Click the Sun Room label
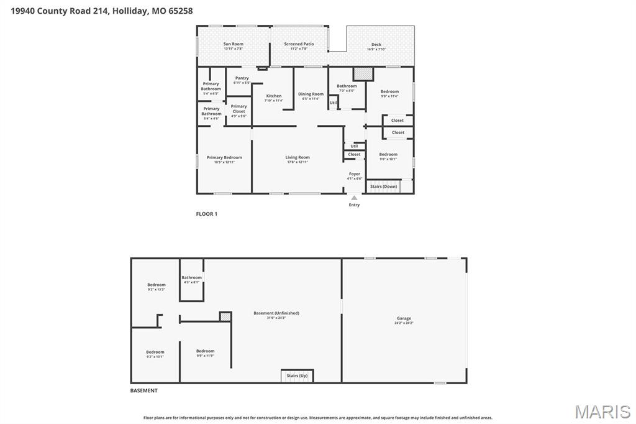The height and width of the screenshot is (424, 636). point(233,44)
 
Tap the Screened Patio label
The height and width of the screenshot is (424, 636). point(299,44)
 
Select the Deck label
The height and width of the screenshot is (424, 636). point(376,45)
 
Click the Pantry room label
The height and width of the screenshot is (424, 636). point(242,78)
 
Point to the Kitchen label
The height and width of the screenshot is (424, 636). point(274,96)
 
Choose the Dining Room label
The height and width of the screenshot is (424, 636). point(311,94)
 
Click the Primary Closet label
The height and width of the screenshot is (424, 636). point(238,109)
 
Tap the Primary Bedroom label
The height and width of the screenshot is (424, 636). point(224,158)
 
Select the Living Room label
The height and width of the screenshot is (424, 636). point(298,158)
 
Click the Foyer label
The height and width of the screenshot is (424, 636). point(354,175)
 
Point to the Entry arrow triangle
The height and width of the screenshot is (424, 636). point(354,198)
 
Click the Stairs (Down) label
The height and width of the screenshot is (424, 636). point(383,187)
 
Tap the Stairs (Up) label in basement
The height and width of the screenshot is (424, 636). point(297,376)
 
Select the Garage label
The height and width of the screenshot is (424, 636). point(404,319)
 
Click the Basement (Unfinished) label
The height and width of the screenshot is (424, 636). point(276,313)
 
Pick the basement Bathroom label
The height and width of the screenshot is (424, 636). point(191,278)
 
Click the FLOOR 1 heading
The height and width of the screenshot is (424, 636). point(207,214)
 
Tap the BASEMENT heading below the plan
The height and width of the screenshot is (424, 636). point(143,391)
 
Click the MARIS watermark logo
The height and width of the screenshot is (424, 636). point(602,412)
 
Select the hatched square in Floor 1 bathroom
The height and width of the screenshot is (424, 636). point(363,74)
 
